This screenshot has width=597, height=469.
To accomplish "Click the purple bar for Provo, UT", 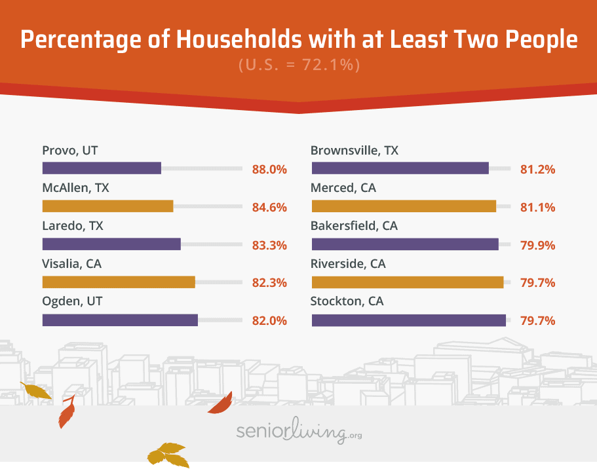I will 102,168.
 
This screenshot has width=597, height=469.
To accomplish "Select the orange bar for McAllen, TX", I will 107,206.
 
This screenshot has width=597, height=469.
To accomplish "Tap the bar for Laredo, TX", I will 111,244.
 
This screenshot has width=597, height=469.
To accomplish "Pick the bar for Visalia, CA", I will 119,282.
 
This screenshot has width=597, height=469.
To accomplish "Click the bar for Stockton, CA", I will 409,320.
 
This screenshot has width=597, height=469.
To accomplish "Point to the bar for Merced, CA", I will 404,206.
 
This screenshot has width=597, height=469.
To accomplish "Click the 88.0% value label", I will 270,169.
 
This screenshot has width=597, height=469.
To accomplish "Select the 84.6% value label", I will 270,207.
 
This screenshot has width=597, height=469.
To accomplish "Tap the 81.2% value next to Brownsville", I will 537,169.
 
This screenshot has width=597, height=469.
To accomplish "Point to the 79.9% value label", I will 537,245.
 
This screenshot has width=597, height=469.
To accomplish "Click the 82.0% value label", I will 270,321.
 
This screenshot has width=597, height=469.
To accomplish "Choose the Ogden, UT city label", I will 73,302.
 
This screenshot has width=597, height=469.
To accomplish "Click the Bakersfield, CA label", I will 354,226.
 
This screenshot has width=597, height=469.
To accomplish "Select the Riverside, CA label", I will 348,264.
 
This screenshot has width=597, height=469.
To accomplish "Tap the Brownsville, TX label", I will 354,151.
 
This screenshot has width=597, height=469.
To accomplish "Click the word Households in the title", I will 242,40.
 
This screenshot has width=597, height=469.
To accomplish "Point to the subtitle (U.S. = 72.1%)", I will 298,66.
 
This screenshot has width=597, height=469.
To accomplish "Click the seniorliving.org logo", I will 298,432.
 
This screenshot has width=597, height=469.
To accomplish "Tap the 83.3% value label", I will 270,245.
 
